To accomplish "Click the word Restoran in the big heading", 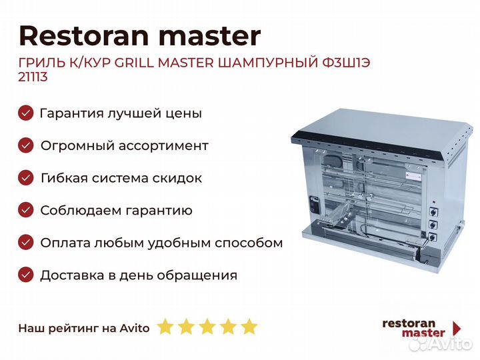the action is pos(84,36).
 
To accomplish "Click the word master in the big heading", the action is pos(210,36).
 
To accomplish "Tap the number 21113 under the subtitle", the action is pos(33,77).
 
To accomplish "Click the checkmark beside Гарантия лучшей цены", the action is pos(26,113).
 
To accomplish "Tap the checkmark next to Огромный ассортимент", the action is pos(26,145).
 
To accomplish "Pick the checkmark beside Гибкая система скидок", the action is pos(26,178).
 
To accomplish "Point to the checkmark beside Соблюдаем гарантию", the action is pos(26,210).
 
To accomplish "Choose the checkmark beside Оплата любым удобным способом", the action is pos(26,243).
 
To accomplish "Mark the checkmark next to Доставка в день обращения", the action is pos(26,275).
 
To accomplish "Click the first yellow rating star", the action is pos(165,326).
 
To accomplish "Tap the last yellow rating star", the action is pos(249,326).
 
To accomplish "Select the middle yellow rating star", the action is pos(207,326).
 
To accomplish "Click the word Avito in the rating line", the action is pos(135,328).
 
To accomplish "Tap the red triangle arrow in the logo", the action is pos(457,328).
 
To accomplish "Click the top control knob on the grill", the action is pos(433,211).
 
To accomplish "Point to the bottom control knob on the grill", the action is pos(433,236).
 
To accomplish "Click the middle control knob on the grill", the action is pos(433,224).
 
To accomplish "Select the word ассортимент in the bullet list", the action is pos(163,146).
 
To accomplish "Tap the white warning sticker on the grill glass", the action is pos(414,176).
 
